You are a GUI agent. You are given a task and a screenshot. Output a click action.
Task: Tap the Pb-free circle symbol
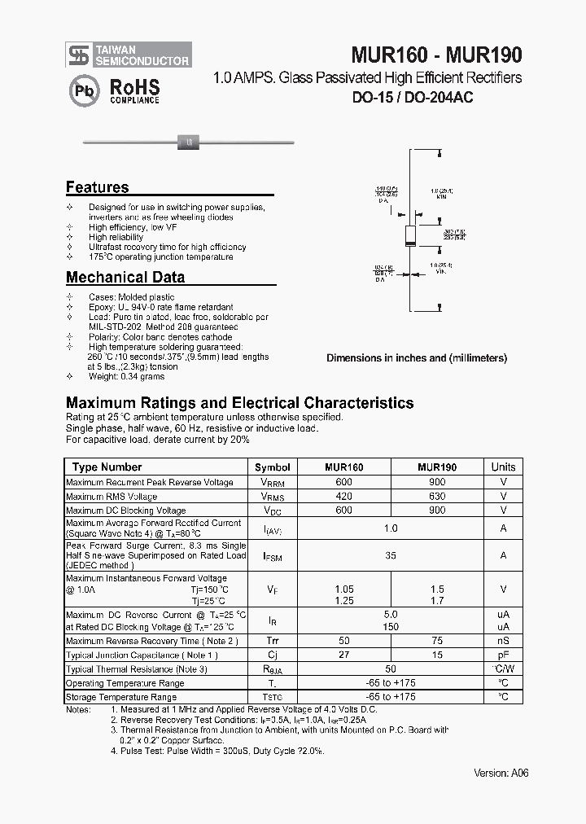click(83, 90)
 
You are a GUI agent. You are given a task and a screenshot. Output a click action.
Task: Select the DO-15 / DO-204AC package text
click(413, 98)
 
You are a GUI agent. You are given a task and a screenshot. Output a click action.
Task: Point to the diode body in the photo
click(189, 143)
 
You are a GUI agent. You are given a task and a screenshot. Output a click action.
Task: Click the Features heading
click(97, 187)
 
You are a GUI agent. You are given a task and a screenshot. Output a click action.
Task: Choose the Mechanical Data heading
click(125, 277)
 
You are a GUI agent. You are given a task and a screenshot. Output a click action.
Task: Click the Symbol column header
click(272, 467)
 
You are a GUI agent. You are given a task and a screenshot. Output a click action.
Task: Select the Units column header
click(503, 467)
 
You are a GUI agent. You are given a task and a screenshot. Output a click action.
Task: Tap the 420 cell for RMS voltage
click(344, 497)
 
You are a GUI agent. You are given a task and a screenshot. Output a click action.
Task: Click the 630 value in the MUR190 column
click(437, 497)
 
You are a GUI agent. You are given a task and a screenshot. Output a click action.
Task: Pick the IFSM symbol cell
click(272, 556)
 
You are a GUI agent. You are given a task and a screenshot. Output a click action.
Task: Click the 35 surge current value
click(391, 556)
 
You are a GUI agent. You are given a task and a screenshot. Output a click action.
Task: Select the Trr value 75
click(437, 641)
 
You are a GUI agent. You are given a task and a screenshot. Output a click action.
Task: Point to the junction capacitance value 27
click(344, 655)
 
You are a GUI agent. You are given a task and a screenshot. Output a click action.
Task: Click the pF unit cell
click(503, 655)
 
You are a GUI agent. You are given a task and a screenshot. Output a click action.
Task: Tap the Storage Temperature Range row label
click(121, 698)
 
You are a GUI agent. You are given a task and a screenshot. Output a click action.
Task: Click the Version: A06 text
click(501, 774)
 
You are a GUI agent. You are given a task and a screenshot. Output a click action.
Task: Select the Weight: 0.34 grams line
click(126, 376)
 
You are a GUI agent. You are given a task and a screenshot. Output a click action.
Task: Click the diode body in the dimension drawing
click(412, 236)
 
